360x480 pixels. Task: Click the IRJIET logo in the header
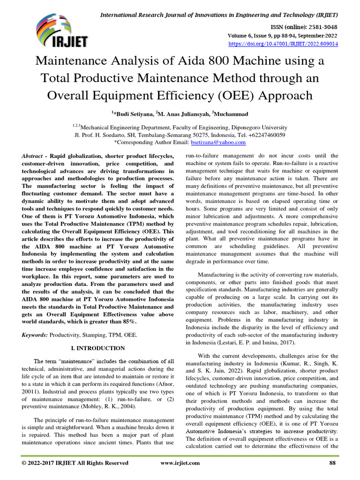click(x=61, y=30)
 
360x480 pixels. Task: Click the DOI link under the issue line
click(x=283, y=44)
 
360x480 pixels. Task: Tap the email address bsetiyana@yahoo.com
click(x=218, y=142)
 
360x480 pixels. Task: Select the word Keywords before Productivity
click(x=35, y=335)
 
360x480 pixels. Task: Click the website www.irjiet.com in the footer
click(x=180, y=463)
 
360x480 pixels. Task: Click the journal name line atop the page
click(x=219, y=15)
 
